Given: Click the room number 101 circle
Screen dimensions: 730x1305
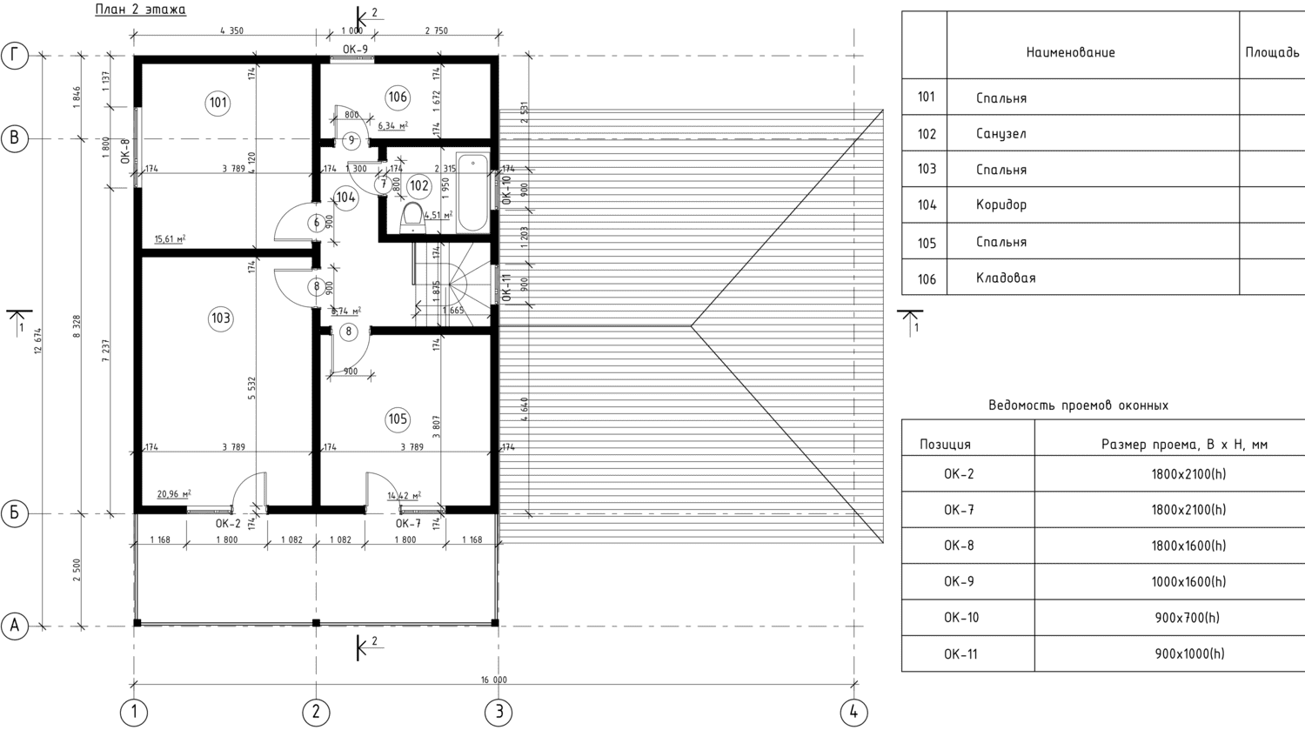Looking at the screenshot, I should [x=218, y=103].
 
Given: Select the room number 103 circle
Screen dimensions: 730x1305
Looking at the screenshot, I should [x=221, y=318].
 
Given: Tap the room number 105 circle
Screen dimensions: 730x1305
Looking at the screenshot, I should [x=398, y=419].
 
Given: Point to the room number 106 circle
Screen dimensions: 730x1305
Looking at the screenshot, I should [x=398, y=97].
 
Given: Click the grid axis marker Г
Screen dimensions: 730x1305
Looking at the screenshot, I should [x=15, y=56].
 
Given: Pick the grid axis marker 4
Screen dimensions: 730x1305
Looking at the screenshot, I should [x=853, y=712].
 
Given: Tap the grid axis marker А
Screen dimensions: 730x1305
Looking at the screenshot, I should [x=15, y=626].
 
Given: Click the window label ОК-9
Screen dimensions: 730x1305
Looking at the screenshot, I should [x=355, y=50].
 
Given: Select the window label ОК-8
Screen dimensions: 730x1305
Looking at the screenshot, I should [x=125, y=151].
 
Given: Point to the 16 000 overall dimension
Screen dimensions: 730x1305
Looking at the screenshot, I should [x=493, y=680].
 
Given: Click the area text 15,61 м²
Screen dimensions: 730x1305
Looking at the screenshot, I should [x=170, y=238].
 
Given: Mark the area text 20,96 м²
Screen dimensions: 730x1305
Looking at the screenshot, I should [x=173, y=494].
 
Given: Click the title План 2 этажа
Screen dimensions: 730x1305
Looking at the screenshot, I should [x=140, y=10].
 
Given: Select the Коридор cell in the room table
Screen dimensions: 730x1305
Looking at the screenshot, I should [x=1001, y=205].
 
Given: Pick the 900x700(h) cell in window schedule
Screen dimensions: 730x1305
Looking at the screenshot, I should [x=1187, y=618].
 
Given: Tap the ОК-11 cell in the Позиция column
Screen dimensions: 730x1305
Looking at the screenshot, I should [x=961, y=654].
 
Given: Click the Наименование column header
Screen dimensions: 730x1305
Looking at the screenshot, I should [x=1070, y=53].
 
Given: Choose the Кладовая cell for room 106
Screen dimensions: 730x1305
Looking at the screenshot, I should [x=1006, y=278].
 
